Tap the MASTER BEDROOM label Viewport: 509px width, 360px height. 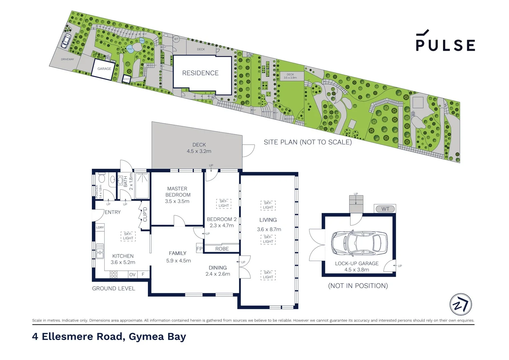click(178, 192)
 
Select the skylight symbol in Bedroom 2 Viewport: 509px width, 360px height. click(224, 203)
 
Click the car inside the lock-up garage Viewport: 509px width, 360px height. click(359, 243)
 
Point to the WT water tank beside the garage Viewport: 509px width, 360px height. click(385, 209)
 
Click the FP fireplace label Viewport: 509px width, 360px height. click(199, 249)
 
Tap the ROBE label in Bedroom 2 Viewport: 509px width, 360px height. click(222, 249)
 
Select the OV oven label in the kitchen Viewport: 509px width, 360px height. click(132, 275)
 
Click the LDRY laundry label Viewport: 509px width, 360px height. click(100, 227)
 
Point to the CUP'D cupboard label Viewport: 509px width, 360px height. click(145, 214)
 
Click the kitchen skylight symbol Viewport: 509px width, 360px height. click(128, 236)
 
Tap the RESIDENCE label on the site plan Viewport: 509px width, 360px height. click(200, 73)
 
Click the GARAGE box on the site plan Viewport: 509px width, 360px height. click(104, 69)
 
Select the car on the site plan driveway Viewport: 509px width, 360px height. click(66, 41)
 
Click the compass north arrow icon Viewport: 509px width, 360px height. click(461, 304)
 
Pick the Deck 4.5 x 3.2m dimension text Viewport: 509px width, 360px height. click(199, 151)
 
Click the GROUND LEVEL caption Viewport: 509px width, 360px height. click(114, 288)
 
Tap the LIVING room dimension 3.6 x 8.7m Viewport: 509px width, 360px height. click(269, 229)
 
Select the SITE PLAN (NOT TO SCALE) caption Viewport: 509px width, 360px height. click(307, 142)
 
